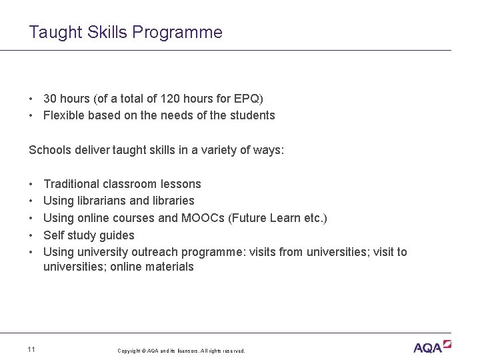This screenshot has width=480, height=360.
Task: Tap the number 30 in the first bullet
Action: (x=50, y=99)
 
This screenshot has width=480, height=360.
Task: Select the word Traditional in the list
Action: (x=71, y=184)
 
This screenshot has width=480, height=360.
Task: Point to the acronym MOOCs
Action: (x=205, y=218)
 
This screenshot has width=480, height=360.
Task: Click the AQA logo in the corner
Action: (x=432, y=347)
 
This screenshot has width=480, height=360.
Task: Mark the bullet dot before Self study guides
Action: (x=32, y=235)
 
